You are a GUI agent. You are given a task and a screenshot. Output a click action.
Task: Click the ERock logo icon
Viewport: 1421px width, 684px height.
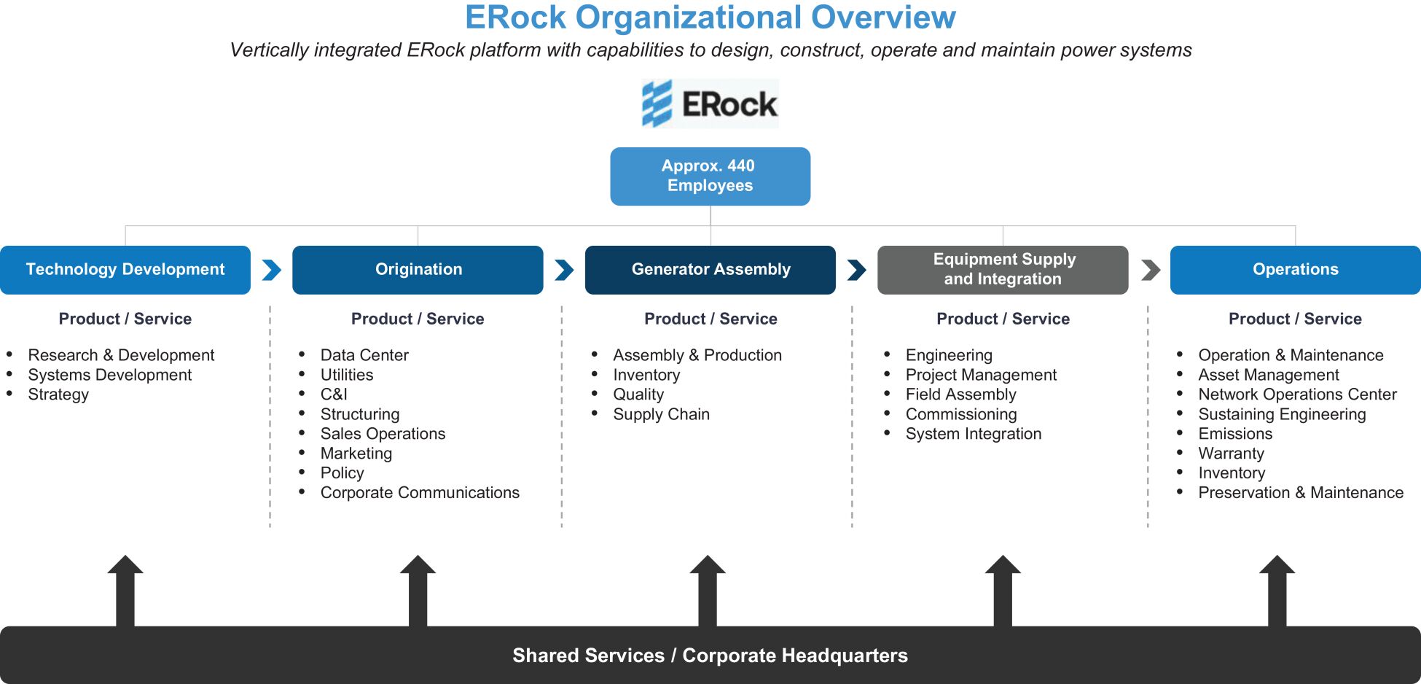click(x=657, y=104)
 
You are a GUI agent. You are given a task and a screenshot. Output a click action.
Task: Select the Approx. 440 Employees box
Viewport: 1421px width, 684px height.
click(x=710, y=176)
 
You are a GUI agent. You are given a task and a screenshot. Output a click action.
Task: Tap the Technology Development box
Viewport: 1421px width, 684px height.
click(x=125, y=270)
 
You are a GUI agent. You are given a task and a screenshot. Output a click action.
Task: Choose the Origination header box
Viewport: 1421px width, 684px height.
click(x=418, y=270)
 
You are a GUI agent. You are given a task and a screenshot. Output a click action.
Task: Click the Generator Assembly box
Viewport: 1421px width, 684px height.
click(x=710, y=270)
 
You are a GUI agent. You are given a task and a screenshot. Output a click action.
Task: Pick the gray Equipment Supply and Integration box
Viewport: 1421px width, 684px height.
click(x=1003, y=270)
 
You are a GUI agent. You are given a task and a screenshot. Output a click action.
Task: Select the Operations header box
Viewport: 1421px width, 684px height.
click(x=1296, y=270)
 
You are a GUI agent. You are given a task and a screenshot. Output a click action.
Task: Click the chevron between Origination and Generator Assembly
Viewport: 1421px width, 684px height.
click(x=564, y=270)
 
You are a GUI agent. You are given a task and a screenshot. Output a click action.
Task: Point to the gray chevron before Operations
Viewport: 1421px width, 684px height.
click(x=1151, y=270)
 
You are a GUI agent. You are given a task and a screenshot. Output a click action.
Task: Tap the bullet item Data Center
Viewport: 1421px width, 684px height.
click(x=364, y=355)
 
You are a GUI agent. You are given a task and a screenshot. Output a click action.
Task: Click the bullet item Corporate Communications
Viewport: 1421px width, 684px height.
click(x=420, y=493)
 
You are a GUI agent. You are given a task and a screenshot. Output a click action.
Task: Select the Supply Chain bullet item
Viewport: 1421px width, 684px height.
click(x=661, y=414)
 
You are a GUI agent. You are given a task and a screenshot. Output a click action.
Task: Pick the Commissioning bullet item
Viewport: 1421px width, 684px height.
click(x=961, y=414)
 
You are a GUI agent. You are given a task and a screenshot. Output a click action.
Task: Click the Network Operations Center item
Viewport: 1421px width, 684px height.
click(x=1297, y=395)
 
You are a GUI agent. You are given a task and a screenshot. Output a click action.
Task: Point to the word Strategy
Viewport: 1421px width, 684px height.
click(x=58, y=395)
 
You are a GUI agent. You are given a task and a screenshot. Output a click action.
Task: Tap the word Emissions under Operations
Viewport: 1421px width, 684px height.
click(x=1235, y=434)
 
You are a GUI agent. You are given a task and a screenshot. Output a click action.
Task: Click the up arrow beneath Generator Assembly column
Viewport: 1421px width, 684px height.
click(x=708, y=591)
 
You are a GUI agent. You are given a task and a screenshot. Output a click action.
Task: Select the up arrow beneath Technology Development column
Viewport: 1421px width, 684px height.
click(x=125, y=591)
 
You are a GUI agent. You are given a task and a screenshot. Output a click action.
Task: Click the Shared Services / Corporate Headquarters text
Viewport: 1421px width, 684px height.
click(x=710, y=656)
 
